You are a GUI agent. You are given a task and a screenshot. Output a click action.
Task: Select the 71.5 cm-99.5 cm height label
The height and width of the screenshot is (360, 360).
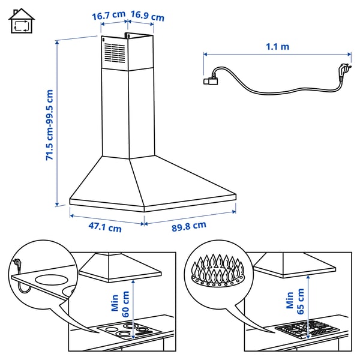tap(50, 125)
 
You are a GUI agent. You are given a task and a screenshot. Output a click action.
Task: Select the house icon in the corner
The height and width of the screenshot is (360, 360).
tap(22, 22)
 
